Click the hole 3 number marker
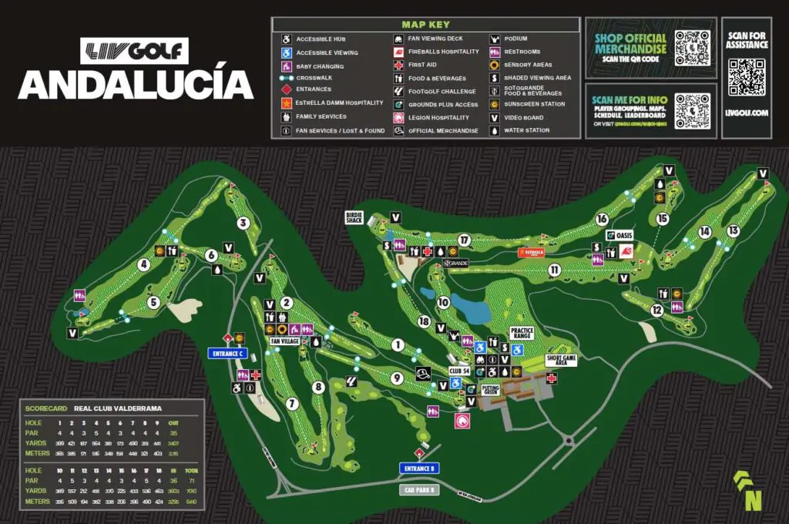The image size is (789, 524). tap(243, 224)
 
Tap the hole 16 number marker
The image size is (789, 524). tap(602, 220)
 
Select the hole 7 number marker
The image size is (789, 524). tap(291, 403)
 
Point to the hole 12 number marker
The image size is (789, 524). tap(656, 311)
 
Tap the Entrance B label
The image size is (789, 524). tap(418, 469)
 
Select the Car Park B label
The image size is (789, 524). tap(418, 489)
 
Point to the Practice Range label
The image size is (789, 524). tap(522, 333)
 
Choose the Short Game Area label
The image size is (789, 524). tap(562, 360)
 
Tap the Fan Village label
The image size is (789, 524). tap(284, 341)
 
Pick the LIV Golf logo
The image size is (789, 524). tap(134, 51)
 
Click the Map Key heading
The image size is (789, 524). tap(425, 25)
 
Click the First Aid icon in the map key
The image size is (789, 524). tap(398, 65)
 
